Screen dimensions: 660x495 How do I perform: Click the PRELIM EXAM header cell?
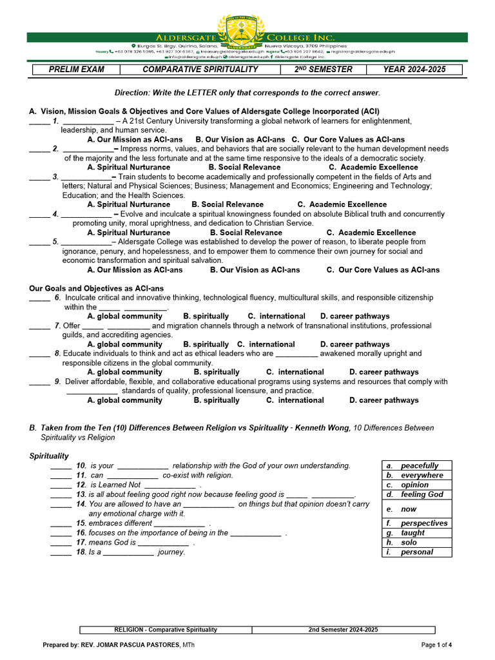coord(77,70)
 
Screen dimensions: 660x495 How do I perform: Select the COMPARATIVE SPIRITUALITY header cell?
coord(200,70)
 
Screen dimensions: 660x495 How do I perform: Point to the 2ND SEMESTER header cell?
coord(324,70)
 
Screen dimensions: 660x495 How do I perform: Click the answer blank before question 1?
coord(39,121)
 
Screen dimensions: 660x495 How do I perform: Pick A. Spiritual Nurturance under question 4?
coord(128,233)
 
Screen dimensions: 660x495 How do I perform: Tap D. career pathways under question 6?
coord(354,316)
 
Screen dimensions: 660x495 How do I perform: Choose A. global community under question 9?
coord(124,400)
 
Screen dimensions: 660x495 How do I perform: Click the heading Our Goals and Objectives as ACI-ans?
coord(97,288)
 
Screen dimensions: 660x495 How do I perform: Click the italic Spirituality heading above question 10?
coord(49,456)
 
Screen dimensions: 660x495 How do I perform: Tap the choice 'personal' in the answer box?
coord(417,552)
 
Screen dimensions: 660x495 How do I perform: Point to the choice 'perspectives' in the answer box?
coord(423,523)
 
